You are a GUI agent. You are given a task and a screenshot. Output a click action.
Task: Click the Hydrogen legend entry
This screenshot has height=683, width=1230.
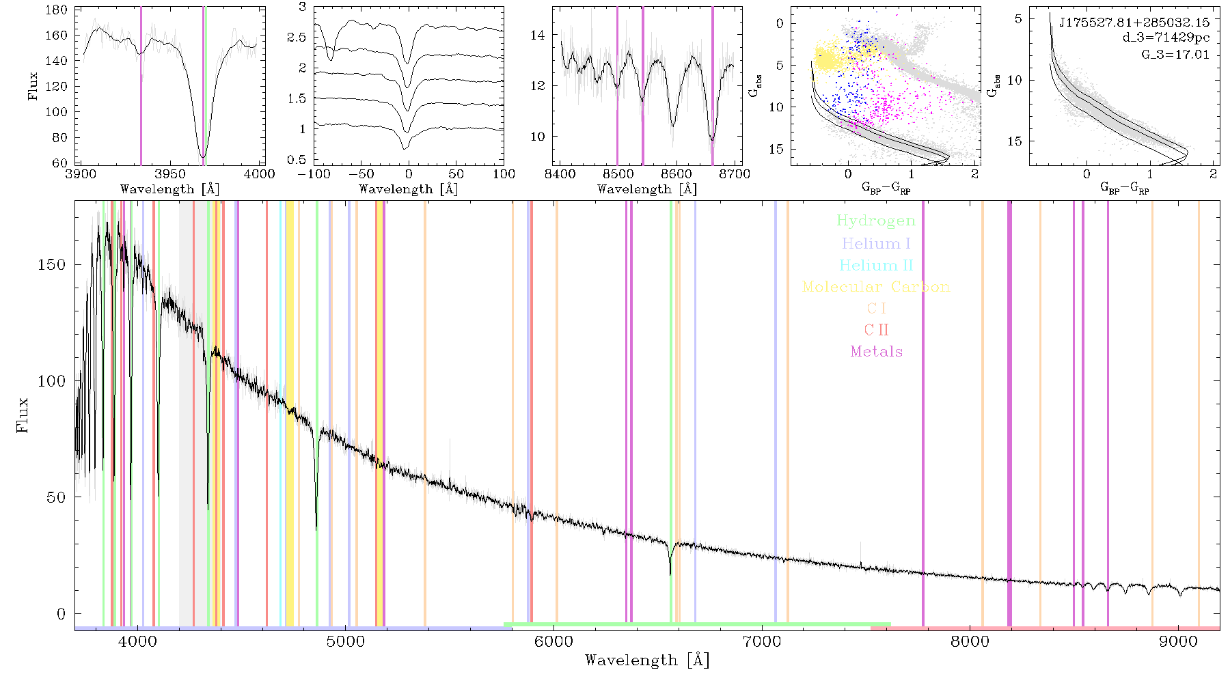[x=876, y=221]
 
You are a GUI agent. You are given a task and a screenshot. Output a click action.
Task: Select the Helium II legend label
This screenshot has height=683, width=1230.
[x=876, y=265]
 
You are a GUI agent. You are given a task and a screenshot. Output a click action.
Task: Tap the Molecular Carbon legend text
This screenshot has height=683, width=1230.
[x=876, y=287]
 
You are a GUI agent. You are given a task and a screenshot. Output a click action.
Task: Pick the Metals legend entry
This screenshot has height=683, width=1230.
[x=877, y=352]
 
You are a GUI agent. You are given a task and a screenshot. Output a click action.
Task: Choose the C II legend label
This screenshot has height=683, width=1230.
[x=877, y=330]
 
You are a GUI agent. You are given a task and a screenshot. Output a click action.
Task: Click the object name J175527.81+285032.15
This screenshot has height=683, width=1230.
[x=1134, y=23]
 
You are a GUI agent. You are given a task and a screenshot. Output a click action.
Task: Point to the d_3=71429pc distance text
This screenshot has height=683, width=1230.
[x=1166, y=38]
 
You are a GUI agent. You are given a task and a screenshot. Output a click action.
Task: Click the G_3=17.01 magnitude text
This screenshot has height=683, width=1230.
[x=1175, y=55]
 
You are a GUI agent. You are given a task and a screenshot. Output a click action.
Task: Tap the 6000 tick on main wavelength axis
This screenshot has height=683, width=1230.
[x=553, y=642]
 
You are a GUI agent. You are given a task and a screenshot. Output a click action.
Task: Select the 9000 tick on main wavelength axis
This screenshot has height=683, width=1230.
[x=1178, y=642]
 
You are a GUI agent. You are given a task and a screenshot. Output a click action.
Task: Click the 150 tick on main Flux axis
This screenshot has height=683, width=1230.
[x=52, y=264]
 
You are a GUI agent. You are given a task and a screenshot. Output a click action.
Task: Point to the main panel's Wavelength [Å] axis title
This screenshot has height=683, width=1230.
[x=647, y=660]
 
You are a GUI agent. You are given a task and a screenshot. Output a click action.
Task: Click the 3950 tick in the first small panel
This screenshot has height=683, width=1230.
[x=170, y=174]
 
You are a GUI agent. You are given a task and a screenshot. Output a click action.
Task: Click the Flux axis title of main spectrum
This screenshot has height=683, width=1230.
[x=23, y=415]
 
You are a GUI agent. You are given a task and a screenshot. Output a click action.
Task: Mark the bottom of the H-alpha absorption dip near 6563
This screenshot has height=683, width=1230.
[x=670, y=574]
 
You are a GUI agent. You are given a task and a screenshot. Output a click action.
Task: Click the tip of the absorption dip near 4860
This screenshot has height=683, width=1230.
[x=316, y=529]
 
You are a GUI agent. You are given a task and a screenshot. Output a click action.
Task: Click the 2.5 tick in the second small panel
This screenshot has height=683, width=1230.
[x=298, y=38]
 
